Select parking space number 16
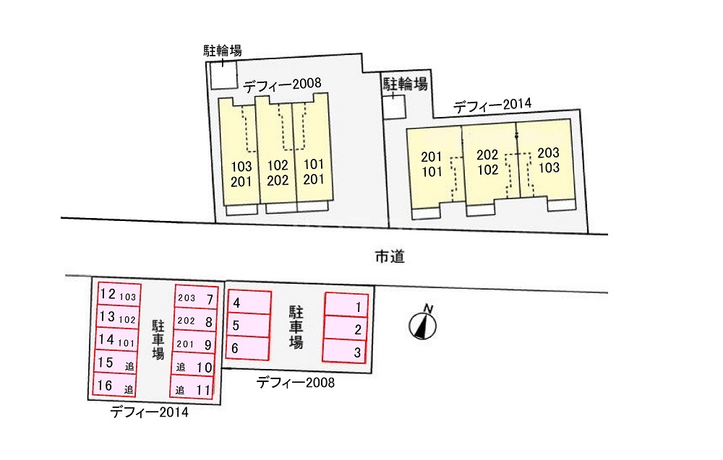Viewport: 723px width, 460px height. click(115, 386)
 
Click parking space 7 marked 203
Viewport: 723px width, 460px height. click(194, 299)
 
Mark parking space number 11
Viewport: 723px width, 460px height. click(194, 390)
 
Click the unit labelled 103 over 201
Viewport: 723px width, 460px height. click(241, 173)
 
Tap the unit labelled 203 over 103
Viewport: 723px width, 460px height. click(548, 160)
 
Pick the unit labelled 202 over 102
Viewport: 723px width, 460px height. click(488, 162)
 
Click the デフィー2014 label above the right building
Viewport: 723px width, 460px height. click(492, 105)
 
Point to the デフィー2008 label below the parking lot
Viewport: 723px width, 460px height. click(296, 383)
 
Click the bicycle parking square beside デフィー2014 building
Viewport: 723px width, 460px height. click(394, 106)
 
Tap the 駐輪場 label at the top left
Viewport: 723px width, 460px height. click(222, 50)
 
